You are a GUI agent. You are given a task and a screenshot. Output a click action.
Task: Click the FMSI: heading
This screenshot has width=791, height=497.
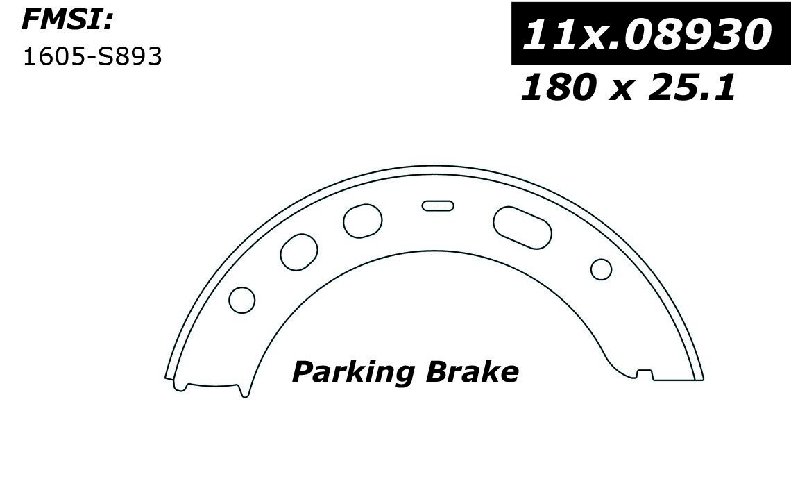tap(67, 22)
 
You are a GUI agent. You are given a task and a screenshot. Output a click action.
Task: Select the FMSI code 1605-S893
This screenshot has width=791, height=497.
tap(93, 57)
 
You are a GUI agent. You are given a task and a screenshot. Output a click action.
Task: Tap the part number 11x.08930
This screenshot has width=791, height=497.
tap(647, 35)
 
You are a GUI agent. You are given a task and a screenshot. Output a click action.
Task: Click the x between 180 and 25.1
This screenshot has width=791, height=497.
tap(620, 91)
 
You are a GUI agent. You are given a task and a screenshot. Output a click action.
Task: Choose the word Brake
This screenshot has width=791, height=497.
tap(473, 372)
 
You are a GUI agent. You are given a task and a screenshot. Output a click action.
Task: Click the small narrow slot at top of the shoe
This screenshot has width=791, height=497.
tap(437, 205)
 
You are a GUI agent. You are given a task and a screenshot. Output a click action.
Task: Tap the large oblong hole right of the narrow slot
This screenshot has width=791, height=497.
tap(522, 227)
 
